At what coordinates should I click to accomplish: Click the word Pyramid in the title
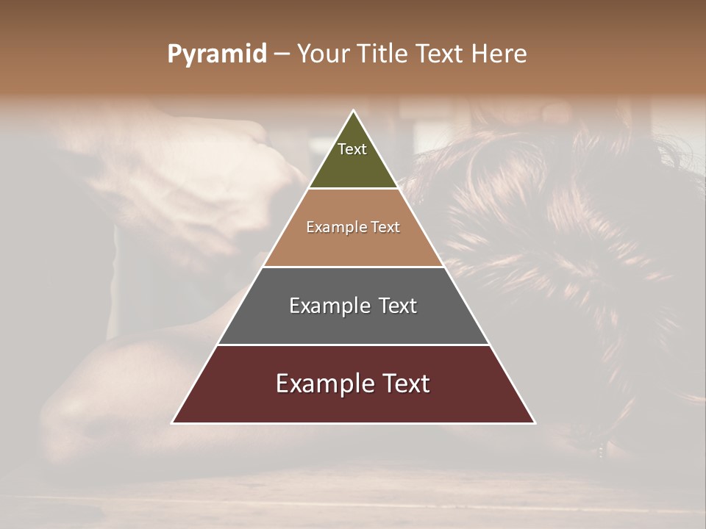(x=217, y=54)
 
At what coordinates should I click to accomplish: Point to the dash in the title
(x=282, y=54)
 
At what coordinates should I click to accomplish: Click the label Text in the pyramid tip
(x=352, y=149)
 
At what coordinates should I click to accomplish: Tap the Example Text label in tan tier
(x=353, y=227)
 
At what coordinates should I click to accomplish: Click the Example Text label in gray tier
(x=353, y=306)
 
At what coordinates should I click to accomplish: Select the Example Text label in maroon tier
(x=353, y=384)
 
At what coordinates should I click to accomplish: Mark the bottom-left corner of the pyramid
(x=173, y=422)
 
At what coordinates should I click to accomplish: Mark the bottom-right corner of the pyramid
(x=534, y=422)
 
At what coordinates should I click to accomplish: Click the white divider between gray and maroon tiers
(x=353, y=345)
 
